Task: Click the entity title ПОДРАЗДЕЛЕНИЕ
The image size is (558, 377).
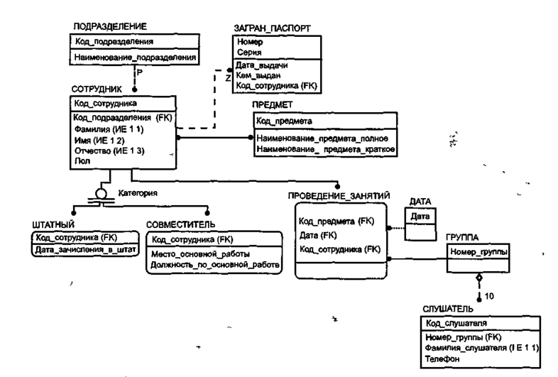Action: pos(110,26)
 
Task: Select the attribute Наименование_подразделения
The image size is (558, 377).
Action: pos(135,57)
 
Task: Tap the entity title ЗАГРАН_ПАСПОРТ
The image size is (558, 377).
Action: pos(272,28)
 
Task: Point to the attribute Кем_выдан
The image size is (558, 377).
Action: pos(258,75)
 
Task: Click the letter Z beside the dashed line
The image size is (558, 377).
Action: pos(228,78)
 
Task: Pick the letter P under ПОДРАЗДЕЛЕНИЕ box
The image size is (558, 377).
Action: pos(140,72)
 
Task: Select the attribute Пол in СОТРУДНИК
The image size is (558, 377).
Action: pos(82,161)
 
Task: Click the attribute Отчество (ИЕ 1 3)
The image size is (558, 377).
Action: pos(109,151)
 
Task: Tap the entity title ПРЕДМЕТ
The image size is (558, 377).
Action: pos(272,104)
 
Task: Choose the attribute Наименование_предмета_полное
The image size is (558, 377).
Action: pos(322,138)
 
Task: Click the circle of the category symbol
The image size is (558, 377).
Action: pos(102,194)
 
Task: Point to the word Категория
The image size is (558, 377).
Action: pos(138,193)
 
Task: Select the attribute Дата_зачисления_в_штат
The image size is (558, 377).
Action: pos(85,249)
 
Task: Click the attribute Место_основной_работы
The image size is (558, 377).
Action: pos(200,254)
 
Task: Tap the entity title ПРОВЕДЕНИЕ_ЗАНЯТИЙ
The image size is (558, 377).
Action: pos(339,196)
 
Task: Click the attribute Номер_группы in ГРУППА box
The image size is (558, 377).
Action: pos(478,252)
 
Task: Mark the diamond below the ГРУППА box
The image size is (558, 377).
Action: pos(479,278)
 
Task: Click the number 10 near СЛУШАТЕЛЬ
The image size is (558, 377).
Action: pos(489,296)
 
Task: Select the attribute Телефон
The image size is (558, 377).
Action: pos(442,359)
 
